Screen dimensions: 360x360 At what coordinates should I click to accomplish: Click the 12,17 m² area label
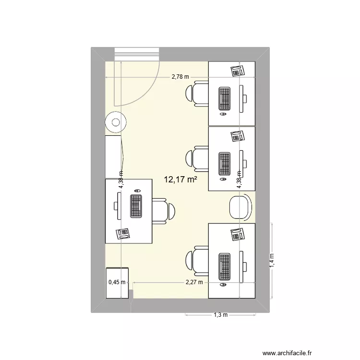point(181,180)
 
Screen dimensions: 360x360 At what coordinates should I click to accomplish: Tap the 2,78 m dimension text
point(181,77)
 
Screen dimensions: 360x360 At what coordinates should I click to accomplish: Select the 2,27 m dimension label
point(194,283)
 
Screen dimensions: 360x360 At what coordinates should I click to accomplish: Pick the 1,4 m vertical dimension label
point(272,260)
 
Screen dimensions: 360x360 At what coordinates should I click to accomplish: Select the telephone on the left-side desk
point(123,233)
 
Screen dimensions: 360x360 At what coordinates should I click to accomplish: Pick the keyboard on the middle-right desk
point(224,163)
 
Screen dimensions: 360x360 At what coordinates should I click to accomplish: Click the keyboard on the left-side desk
point(136,206)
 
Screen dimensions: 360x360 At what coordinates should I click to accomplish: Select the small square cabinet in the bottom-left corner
point(117,283)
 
